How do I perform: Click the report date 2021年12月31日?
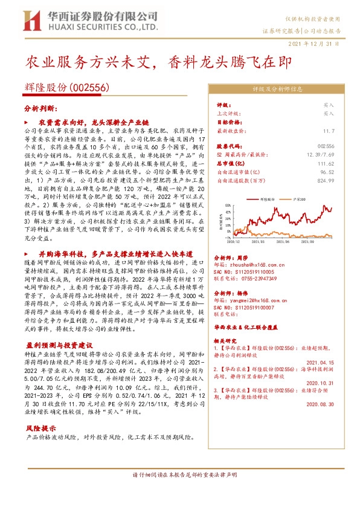click(x=317, y=44)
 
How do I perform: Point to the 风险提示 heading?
click(x=37, y=410)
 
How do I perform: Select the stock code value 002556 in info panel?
click(x=326, y=146)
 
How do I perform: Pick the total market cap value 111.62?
click(x=326, y=163)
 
